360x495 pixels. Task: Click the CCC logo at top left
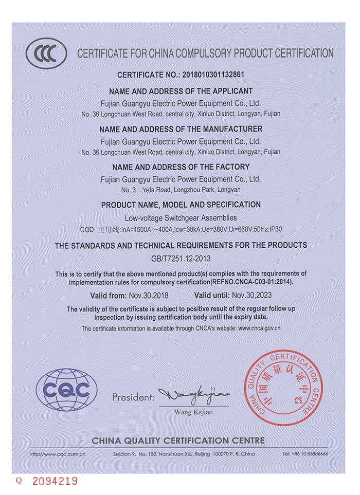[46, 53]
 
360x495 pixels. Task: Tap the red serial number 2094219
[55, 482]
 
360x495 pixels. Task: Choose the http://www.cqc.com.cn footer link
[57, 454]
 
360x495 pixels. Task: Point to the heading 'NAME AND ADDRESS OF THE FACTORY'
[181, 167]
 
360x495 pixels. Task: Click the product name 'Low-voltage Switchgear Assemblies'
[181, 218]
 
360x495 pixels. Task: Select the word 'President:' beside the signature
[133, 397]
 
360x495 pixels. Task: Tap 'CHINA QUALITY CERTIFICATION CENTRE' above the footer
[178, 441]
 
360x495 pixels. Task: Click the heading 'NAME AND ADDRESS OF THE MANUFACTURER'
[181, 129]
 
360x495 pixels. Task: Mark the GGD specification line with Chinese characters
[181, 229]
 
